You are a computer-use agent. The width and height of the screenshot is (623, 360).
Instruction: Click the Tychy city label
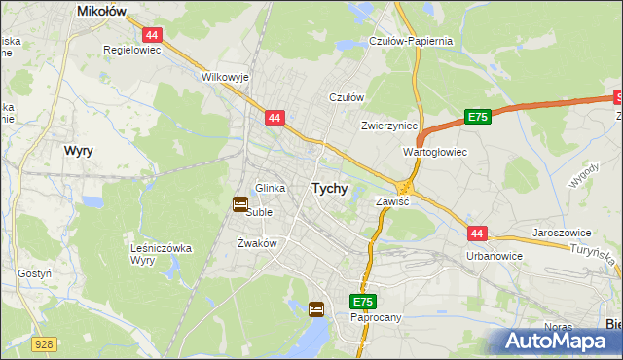tap(329, 189)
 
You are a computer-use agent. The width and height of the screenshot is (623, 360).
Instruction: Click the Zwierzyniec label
tap(389, 126)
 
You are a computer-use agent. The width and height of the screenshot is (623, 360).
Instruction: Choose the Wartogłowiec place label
tap(435, 153)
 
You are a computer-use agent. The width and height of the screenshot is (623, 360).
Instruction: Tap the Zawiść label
tap(392, 200)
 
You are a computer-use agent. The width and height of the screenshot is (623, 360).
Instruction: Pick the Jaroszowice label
tap(564, 234)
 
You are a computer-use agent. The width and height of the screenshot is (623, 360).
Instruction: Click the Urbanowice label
tap(495, 256)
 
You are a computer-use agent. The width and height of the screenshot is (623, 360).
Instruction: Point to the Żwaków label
tap(258, 243)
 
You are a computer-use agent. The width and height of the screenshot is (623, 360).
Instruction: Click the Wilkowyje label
tap(225, 76)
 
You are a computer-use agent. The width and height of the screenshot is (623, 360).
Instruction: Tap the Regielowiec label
tap(131, 48)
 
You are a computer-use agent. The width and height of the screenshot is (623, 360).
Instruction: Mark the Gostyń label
tap(34, 274)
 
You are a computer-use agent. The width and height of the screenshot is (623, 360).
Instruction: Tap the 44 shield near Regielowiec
tap(155, 34)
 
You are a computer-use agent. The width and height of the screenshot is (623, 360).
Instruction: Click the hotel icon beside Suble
tap(240, 203)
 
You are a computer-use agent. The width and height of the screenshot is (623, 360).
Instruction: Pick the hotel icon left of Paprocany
tap(316, 309)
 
